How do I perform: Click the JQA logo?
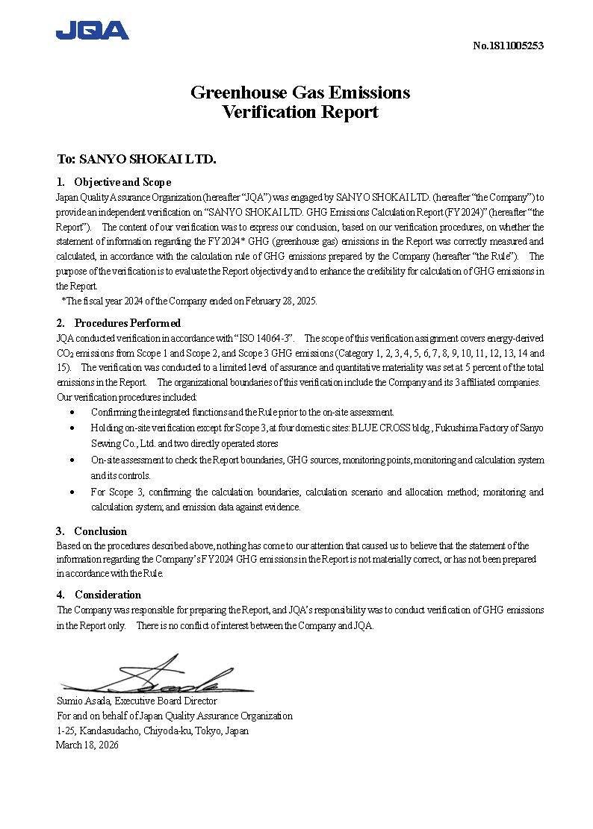point(92,31)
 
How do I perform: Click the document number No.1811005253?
point(508,46)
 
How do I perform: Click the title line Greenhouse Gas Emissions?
point(300,93)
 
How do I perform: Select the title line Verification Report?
point(300,113)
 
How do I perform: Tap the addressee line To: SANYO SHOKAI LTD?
point(137,159)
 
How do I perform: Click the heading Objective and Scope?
point(122,182)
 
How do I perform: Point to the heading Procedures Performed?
point(127,323)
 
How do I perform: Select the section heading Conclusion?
point(100,531)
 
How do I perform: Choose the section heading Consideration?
point(108,595)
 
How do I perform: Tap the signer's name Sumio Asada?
point(84,701)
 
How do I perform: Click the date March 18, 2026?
point(87,745)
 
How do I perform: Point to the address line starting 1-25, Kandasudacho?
point(152,731)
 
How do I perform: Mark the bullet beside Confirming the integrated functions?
point(72,412)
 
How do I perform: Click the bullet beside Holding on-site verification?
point(72,428)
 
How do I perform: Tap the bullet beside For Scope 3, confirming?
point(72,492)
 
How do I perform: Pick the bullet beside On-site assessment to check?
point(72,460)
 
